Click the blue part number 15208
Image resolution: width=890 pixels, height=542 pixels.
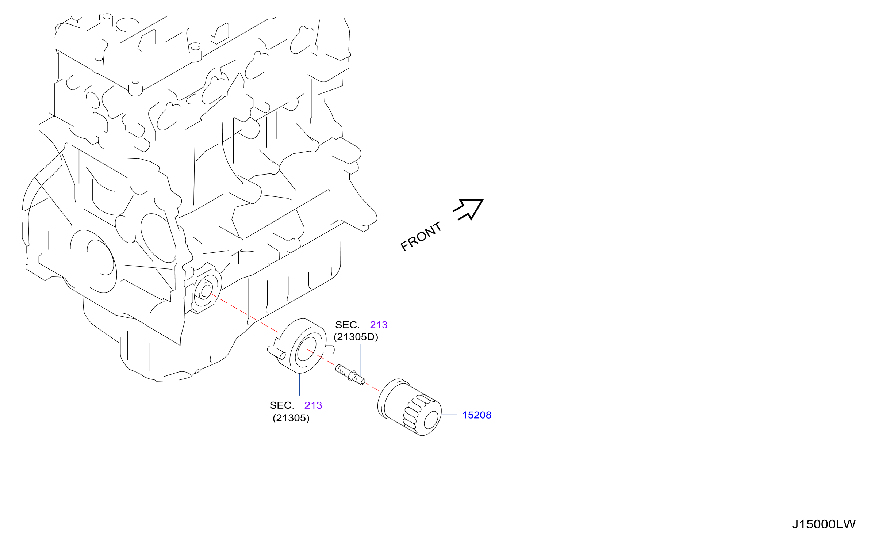click(x=476, y=415)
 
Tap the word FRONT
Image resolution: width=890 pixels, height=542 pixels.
click(x=421, y=237)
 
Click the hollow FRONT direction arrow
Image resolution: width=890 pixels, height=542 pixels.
click(x=468, y=209)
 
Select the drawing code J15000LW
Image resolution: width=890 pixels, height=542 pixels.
click(x=824, y=524)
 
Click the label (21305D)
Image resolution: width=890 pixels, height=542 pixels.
click(x=356, y=337)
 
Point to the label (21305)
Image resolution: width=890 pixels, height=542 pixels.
click(x=291, y=418)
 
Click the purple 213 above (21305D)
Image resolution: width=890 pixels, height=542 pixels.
click(x=379, y=325)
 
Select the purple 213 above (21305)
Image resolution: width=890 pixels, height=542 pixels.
click(x=313, y=405)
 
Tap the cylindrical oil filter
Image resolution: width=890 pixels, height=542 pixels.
click(x=409, y=407)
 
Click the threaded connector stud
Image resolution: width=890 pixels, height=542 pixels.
click(x=350, y=375)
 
